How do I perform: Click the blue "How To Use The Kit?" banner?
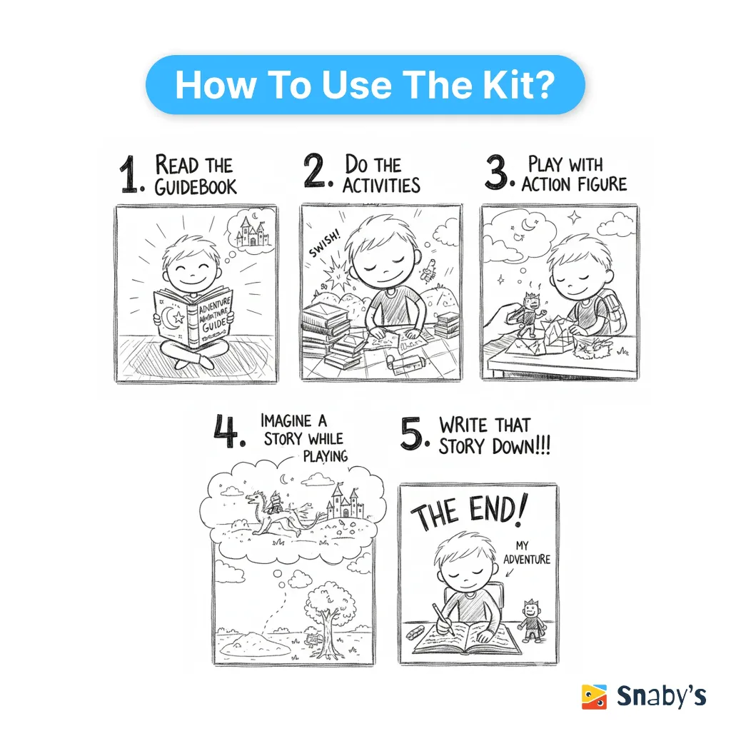tap(365, 84)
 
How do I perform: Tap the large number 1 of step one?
tap(129, 174)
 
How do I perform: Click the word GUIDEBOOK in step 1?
tap(196, 187)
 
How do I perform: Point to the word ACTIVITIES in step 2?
tap(381, 185)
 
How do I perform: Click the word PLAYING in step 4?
tap(326, 455)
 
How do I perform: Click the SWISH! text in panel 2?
tap(325, 244)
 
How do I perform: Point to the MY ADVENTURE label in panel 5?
tap(527, 553)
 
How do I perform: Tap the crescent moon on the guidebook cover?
tap(167, 318)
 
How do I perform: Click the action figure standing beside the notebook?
tap(531, 620)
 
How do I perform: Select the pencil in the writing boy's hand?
tap(443, 620)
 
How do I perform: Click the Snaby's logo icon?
tap(594, 696)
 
